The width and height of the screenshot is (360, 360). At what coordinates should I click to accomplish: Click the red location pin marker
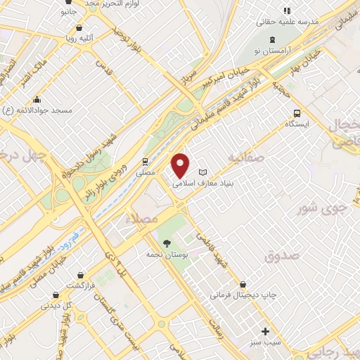click(x=181, y=165)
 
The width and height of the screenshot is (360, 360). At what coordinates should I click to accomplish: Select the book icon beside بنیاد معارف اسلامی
click(x=202, y=172)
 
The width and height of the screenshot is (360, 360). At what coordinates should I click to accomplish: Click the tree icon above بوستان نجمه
click(x=167, y=243)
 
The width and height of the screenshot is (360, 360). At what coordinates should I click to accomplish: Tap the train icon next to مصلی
click(x=146, y=161)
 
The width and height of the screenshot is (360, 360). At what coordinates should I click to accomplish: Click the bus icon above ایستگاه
click(x=297, y=113)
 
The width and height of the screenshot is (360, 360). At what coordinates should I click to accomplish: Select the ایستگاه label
click(x=297, y=124)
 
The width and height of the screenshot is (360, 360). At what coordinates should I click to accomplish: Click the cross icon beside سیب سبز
click(x=265, y=330)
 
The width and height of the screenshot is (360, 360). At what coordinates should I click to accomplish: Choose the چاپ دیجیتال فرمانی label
click(x=243, y=295)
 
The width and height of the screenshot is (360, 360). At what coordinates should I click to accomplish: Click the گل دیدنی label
click(x=56, y=307)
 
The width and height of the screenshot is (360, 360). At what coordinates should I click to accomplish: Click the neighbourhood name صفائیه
click(x=244, y=158)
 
